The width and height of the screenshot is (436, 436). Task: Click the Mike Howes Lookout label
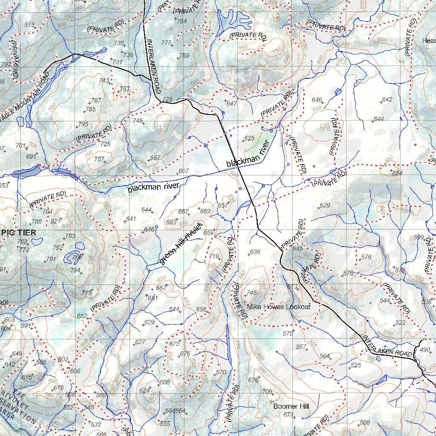tap(279, 307)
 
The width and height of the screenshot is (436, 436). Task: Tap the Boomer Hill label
tap(291, 406)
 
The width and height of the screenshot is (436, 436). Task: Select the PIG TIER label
tap(19, 232)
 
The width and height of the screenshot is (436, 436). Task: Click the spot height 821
tap(56, 221)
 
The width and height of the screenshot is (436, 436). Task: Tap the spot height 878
tap(29, 25)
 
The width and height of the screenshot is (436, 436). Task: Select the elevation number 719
tap(214, 256)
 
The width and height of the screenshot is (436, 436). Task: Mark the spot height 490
tap(425, 350)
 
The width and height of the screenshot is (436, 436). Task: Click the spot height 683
tap(172, 222)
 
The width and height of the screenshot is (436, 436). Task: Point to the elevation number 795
tap(83, 124)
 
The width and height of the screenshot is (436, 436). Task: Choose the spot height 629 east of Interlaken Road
tap(325, 205)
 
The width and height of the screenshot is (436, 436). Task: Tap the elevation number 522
tap(400, 323)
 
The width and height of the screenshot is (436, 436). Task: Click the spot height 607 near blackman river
tap(184, 171)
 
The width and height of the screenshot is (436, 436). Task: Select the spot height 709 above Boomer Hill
tap(267, 391)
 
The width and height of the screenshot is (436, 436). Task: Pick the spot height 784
tap(181, 21)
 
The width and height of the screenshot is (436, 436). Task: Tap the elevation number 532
tap(96, 424)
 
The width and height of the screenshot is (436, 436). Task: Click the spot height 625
tap(250, 138)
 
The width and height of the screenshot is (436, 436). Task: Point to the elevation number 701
tap(20, 146)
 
